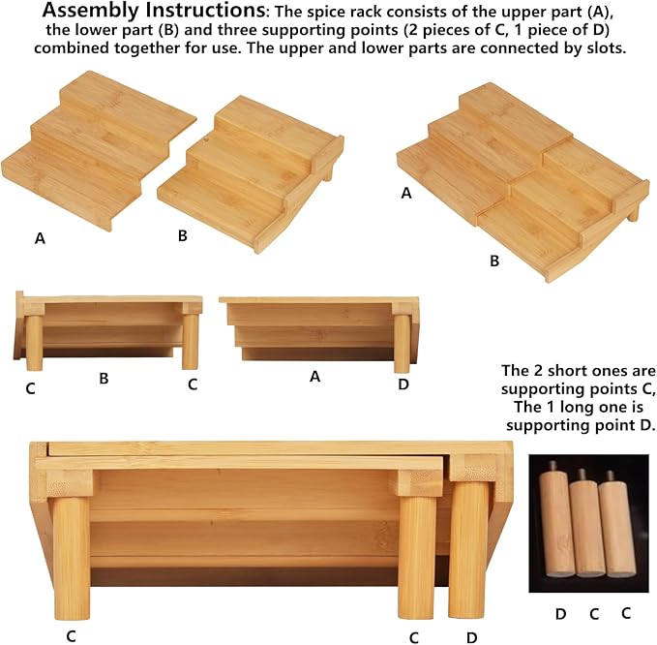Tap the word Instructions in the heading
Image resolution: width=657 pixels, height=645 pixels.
[x=205, y=11]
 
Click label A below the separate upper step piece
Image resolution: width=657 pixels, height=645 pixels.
[x=40, y=238]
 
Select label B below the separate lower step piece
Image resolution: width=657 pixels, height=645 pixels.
[x=182, y=235]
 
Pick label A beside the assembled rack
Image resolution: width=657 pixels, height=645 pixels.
[x=406, y=193]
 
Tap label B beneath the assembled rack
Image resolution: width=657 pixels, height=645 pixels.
[x=494, y=261]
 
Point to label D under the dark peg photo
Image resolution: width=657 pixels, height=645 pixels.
[x=560, y=614]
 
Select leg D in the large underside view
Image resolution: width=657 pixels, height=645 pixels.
[x=468, y=549]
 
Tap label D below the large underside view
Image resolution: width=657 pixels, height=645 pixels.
[x=472, y=638]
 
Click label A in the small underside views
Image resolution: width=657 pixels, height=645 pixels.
[x=314, y=377]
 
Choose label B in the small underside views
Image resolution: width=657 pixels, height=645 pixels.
[x=104, y=379]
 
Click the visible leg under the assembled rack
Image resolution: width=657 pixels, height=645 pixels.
[x=634, y=211]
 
